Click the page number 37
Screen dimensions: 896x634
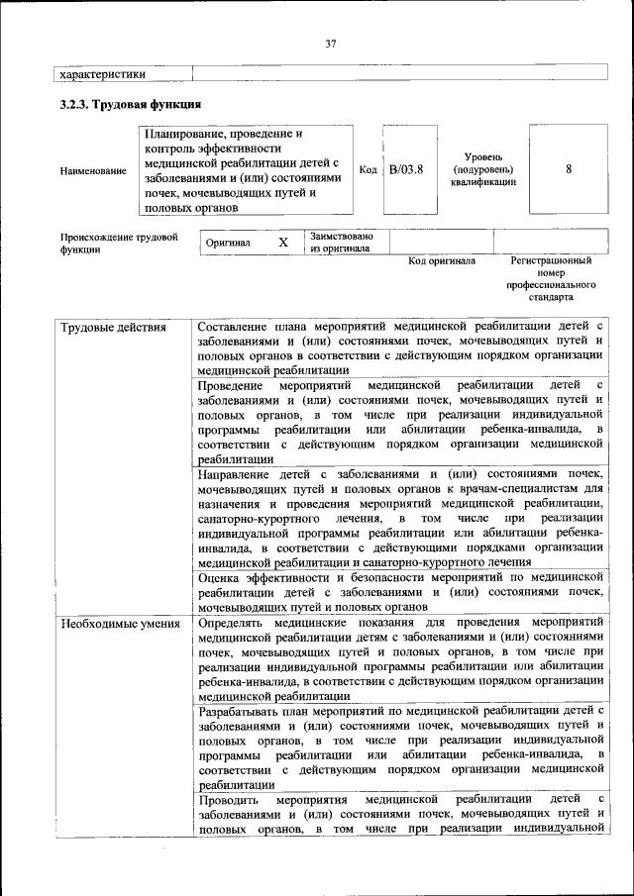331,42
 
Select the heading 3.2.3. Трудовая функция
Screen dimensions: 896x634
131,103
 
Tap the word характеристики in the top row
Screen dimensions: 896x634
103,73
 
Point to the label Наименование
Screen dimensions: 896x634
93,170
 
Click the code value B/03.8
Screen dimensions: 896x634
406,169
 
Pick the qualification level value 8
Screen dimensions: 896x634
569,169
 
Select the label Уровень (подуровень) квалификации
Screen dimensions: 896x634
483,169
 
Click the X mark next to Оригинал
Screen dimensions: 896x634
282,242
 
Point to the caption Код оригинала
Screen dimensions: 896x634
442,261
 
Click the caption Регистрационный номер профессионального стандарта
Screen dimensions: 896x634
552,278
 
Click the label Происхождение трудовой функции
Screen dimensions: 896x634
119,244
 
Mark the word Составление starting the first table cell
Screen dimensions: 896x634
235,327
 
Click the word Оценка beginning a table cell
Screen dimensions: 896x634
220,576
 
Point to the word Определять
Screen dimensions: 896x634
236,624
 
